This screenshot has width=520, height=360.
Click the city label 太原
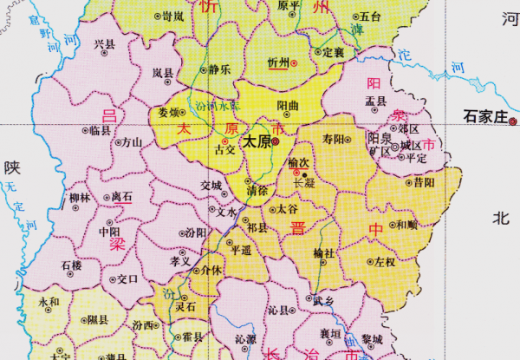click(255, 141)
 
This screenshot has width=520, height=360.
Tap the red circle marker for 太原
click(275, 141)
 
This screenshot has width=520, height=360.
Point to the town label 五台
click(370, 16)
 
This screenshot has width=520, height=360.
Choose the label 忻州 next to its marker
click(278, 63)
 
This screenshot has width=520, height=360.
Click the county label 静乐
click(220, 69)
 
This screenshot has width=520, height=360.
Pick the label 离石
click(121, 197)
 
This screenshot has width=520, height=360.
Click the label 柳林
click(80, 197)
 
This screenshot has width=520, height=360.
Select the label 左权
click(386, 260)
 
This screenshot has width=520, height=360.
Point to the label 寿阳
click(333, 138)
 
